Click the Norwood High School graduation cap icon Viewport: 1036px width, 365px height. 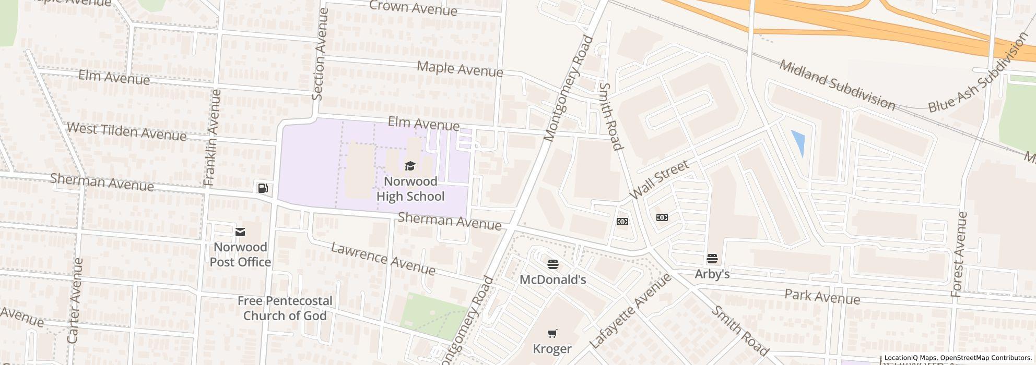pos(410,166)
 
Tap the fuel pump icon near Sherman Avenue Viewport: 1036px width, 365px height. pos(263,188)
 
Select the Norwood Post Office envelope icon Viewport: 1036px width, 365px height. pos(240,232)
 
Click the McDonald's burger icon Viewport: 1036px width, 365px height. pos(552,264)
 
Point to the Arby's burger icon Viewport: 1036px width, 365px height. pos(712,259)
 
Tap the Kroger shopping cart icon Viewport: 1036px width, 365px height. pos(552,333)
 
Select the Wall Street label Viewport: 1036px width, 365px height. pos(659,179)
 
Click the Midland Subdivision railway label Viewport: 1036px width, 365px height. pos(837,85)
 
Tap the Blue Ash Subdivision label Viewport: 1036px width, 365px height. pos(975,74)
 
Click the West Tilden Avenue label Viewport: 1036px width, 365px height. pos(126,132)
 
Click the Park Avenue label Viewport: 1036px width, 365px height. pos(822,297)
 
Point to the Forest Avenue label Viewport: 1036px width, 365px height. pos(959,254)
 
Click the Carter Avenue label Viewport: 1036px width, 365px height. pos(76,300)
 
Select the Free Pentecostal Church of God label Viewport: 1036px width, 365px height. pos(285,308)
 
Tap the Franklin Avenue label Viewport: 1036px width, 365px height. pos(212,138)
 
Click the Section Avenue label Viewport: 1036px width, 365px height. pos(319,54)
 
